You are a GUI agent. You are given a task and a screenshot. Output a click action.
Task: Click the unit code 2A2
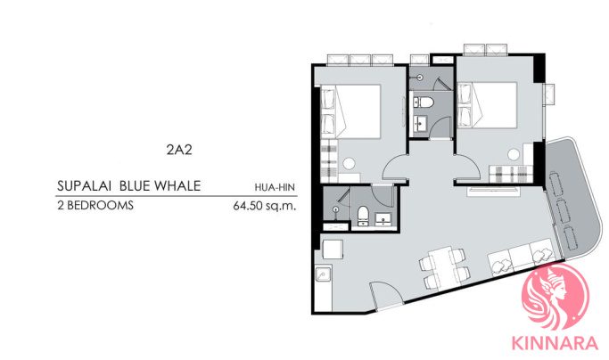[179, 150]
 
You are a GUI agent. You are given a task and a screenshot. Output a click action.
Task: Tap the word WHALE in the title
[177, 186]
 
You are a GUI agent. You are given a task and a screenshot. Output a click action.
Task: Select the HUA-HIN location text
[275, 187]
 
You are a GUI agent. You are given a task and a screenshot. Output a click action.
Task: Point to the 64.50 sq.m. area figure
[265, 206]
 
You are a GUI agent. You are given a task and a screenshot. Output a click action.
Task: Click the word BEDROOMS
[100, 205]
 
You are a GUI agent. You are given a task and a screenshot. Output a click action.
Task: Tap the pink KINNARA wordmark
[555, 343]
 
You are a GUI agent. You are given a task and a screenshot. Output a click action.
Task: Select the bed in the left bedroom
[350, 111]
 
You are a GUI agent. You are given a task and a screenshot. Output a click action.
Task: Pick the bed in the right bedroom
[487, 105]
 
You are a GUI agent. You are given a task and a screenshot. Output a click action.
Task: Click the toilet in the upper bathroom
[423, 102]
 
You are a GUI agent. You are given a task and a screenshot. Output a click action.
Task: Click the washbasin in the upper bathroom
[420, 124]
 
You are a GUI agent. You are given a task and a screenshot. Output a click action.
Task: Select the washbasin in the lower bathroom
[383, 218]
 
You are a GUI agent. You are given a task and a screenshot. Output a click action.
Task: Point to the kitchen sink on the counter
[323, 274]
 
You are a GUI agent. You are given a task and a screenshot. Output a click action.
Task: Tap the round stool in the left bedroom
[349, 163]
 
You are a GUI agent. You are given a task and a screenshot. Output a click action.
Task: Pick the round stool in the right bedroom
[514, 154]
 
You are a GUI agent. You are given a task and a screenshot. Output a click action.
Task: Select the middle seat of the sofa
[520, 257]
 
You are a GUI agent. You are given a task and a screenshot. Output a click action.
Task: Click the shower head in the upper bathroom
[419, 78]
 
